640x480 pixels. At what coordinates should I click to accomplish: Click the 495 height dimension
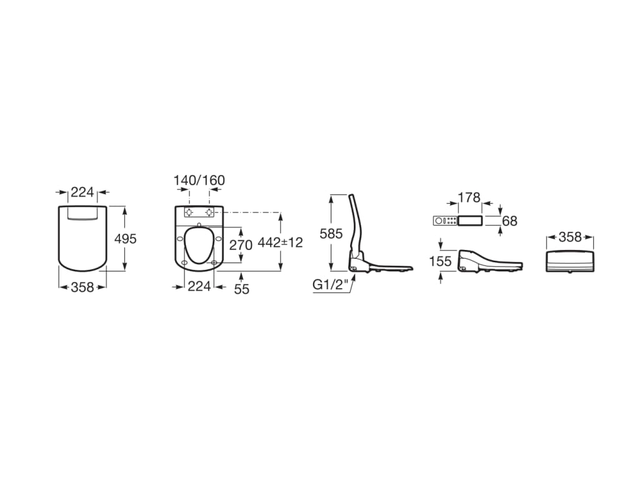(125, 239)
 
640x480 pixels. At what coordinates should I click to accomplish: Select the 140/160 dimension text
(199, 181)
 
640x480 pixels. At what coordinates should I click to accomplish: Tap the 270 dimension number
(241, 245)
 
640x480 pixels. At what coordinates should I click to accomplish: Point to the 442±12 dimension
(281, 242)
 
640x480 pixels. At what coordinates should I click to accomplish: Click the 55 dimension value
(242, 289)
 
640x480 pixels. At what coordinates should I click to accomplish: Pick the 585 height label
(331, 234)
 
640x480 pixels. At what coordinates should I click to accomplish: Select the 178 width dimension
(469, 197)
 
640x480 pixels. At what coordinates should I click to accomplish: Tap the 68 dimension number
(510, 221)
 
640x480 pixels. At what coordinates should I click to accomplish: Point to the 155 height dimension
(441, 261)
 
